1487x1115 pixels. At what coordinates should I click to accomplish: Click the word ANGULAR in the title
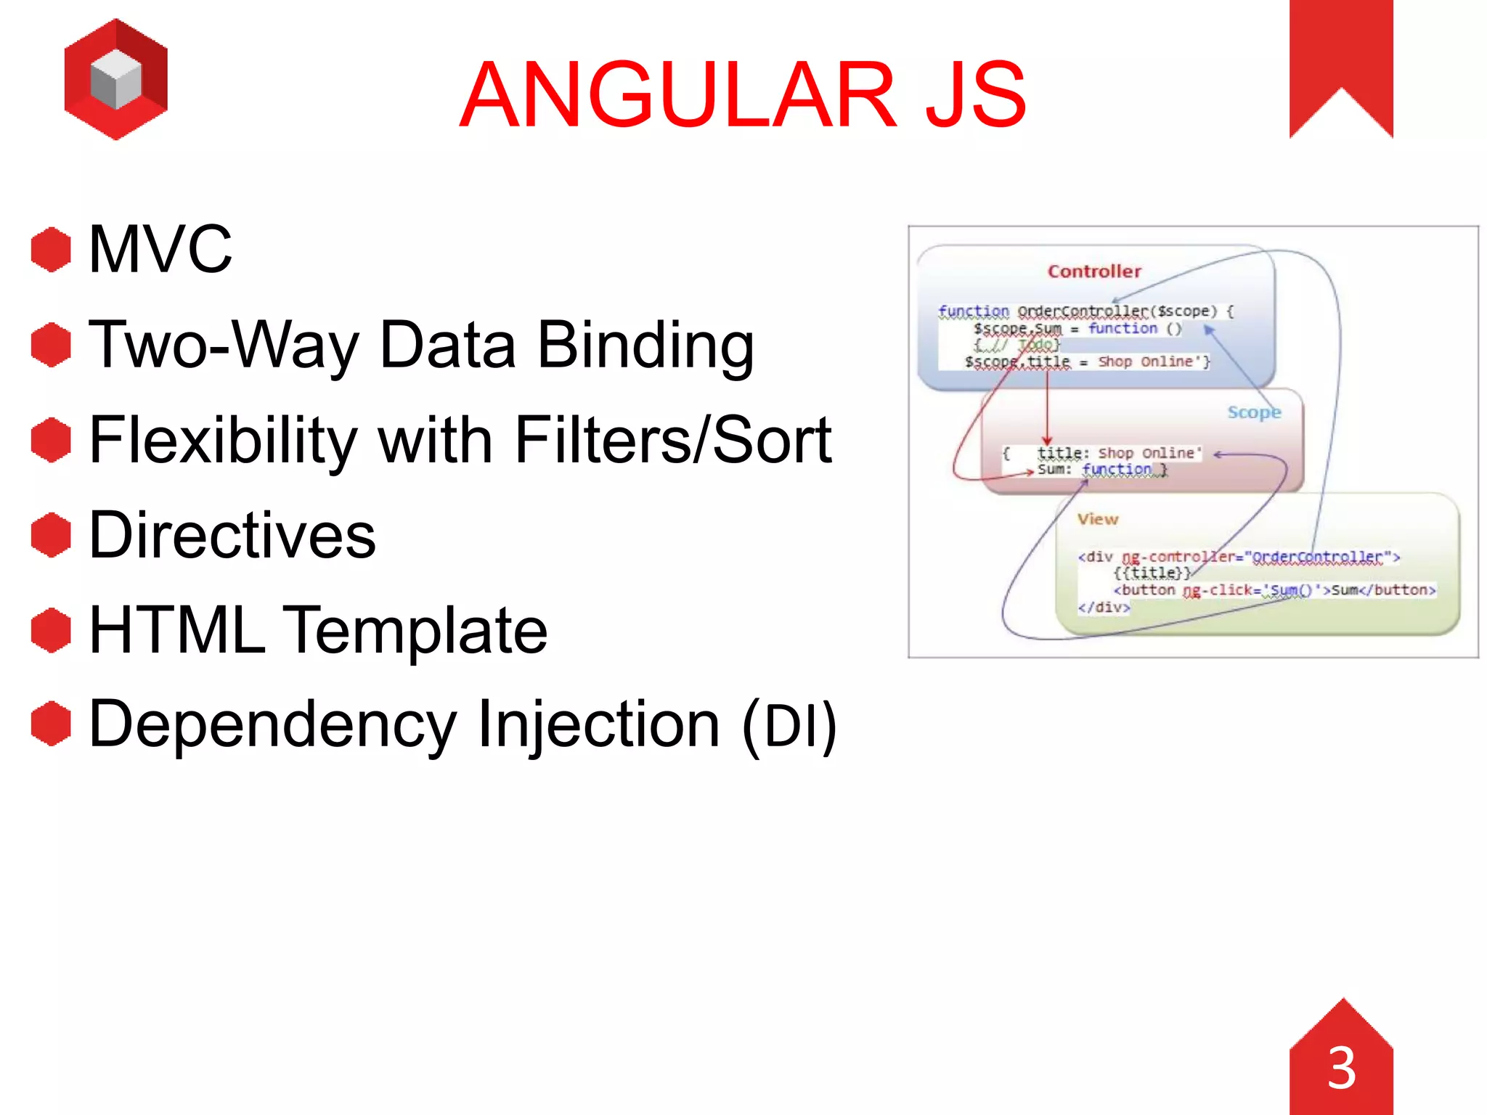coord(679,95)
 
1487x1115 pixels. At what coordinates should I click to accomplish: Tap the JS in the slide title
coord(975,95)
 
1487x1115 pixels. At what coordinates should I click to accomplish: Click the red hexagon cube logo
coord(116,80)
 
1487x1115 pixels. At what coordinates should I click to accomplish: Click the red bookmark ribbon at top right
coord(1340,58)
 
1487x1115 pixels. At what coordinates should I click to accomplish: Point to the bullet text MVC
coord(160,250)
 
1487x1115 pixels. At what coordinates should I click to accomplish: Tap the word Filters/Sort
coord(672,440)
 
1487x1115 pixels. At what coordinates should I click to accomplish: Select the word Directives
coord(232,536)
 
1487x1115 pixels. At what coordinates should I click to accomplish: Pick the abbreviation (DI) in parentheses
coord(789,724)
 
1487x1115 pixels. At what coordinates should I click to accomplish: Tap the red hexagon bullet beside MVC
coord(51,250)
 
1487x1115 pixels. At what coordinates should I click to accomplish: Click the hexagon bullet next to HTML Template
coord(51,630)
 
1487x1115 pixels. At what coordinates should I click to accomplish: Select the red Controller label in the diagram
coord(1094,271)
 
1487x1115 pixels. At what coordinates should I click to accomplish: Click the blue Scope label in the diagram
coord(1253,412)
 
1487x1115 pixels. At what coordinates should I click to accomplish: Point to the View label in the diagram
coord(1097,519)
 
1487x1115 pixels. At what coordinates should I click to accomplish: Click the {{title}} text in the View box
coord(1152,573)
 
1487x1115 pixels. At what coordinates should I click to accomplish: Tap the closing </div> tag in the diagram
coord(1104,607)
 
